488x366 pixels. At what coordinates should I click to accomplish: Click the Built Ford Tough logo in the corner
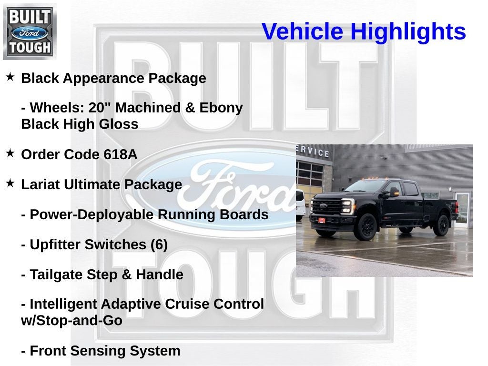tap(30, 31)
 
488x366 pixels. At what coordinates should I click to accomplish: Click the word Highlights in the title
tap(408, 32)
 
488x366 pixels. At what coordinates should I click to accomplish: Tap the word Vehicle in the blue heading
tap(302, 32)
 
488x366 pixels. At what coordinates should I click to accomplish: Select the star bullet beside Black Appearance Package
tap(10, 76)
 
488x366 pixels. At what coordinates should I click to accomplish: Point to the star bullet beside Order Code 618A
tap(10, 153)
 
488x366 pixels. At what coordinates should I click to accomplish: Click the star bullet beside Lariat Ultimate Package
tap(10, 183)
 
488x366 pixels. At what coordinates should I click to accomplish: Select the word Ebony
tap(221, 108)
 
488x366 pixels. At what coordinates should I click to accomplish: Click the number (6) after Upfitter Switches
tap(159, 244)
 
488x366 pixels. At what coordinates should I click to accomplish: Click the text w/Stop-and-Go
tap(71, 321)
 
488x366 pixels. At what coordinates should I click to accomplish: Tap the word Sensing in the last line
tap(97, 351)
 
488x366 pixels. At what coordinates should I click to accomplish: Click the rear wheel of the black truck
tap(441, 225)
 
